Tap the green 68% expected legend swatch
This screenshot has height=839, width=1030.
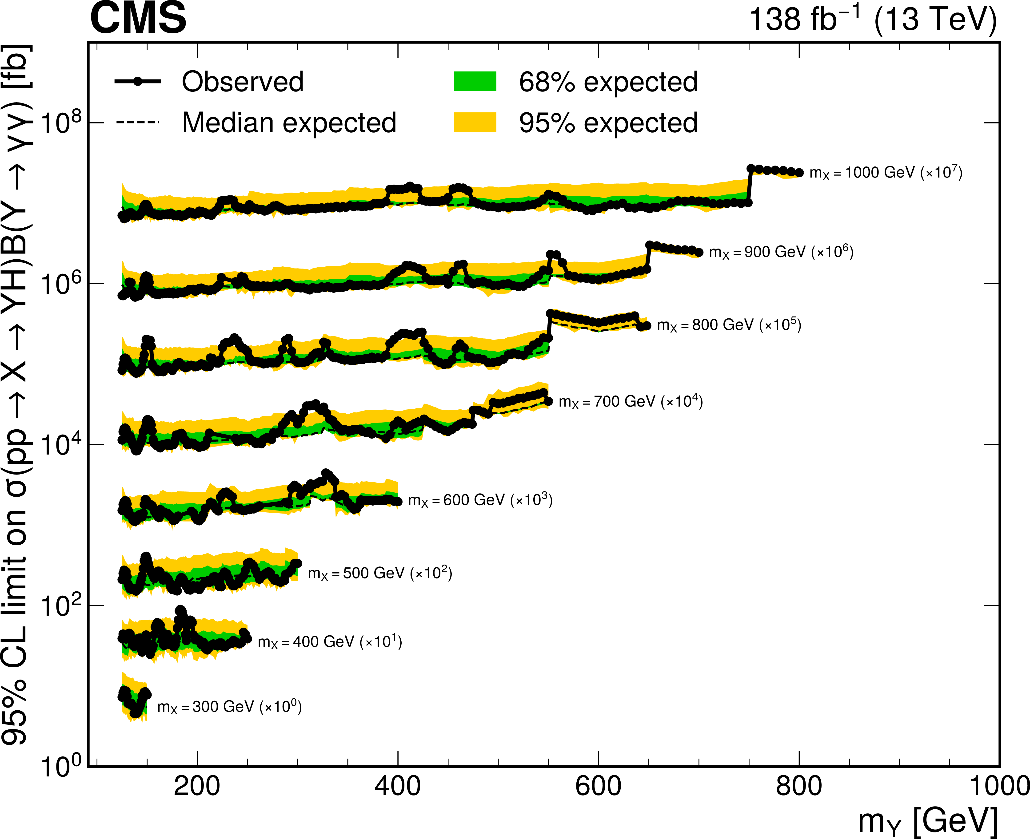click(x=475, y=81)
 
